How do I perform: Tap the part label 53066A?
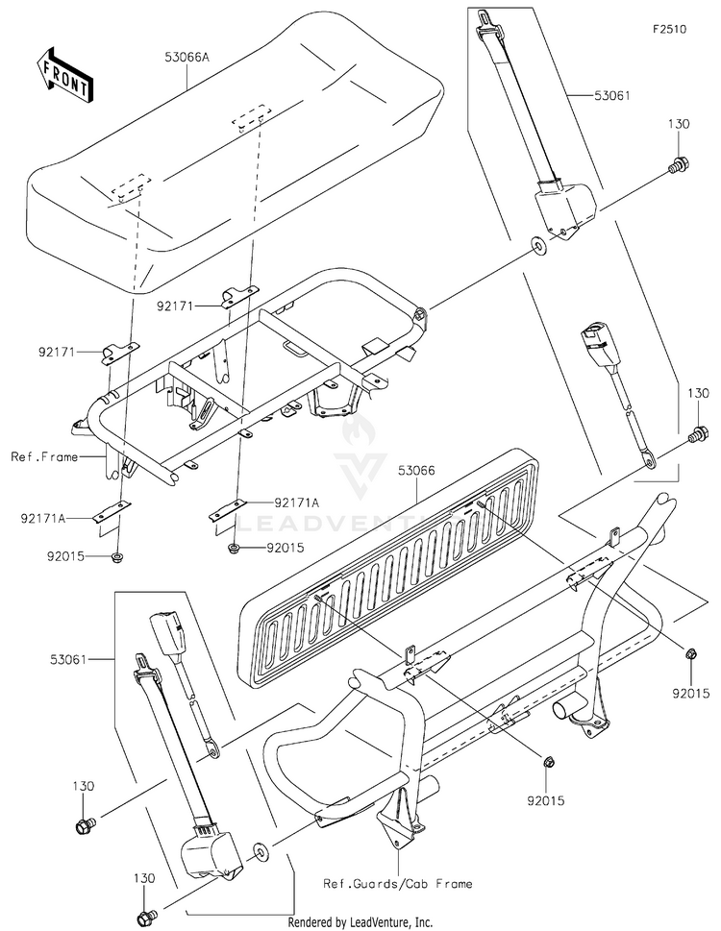186,58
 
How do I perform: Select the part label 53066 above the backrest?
416,470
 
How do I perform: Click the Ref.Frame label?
44,456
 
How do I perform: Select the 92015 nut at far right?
690,654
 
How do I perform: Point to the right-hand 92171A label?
296,501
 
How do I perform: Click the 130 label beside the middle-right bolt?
697,394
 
